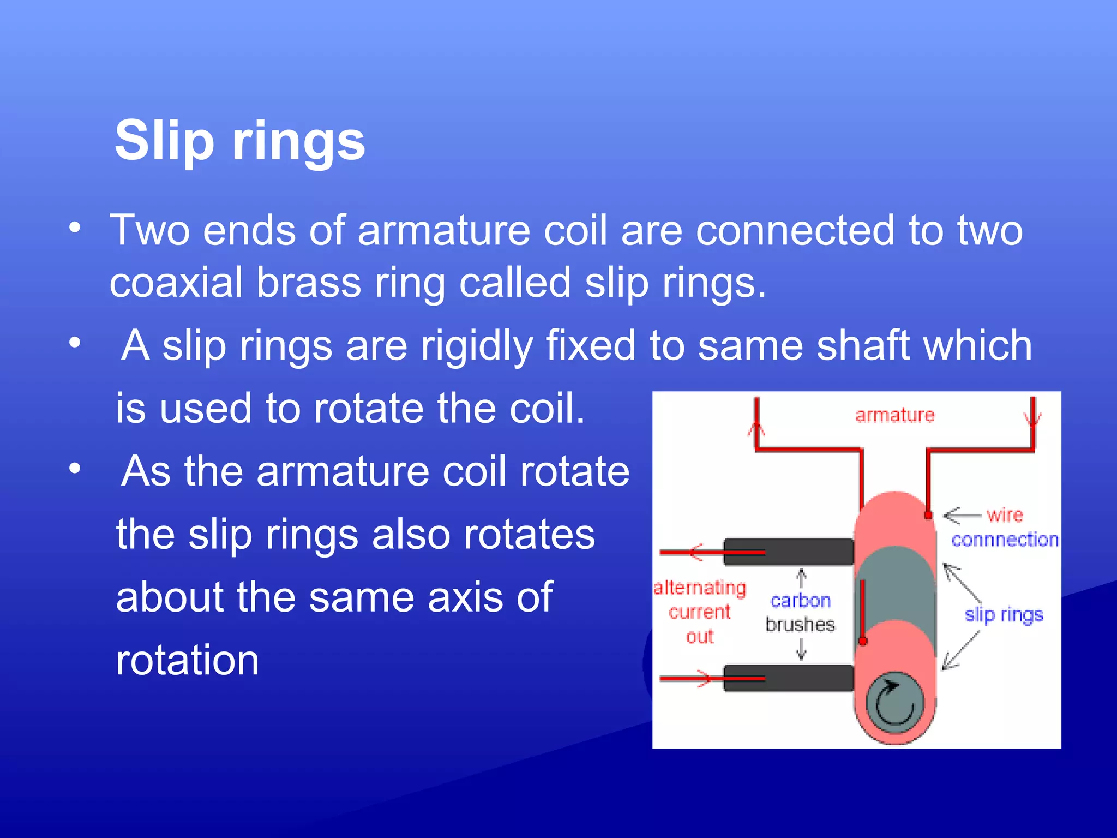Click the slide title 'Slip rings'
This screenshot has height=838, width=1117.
[x=239, y=141]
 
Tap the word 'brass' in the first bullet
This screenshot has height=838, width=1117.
[x=308, y=283]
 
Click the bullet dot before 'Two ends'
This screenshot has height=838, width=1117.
[x=75, y=228]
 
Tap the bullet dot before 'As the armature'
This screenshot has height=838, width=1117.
[x=75, y=468]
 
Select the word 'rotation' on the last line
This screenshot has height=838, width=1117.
[x=187, y=661]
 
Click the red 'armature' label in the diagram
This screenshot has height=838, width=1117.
[x=894, y=415]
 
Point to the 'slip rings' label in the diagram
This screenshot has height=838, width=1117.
[x=1004, y=615]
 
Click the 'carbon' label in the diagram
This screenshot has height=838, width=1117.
[x=801, y=601]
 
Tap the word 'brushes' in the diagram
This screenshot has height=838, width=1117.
[x=800, y=625]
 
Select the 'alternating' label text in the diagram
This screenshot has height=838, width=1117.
[x=700, y=588]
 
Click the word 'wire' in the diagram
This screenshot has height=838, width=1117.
[x=1005, y=514]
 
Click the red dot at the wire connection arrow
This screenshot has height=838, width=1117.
[x=928, y=515]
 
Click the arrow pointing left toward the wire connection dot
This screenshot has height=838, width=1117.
[x=962, y=515]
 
